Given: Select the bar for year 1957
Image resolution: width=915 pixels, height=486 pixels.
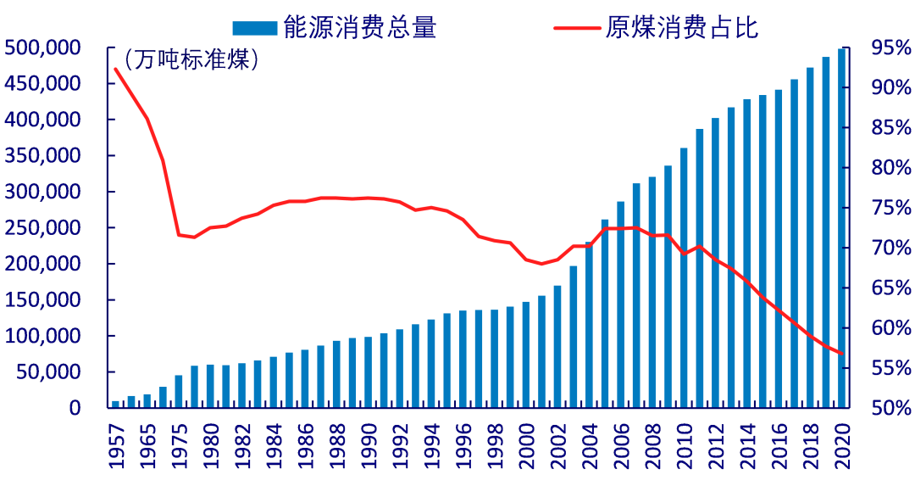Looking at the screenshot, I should (x=115, y=404).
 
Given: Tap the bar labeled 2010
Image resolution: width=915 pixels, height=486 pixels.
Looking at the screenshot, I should (x=684, y=277).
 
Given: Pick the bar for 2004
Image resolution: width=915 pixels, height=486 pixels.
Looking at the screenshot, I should (x=589, y=325).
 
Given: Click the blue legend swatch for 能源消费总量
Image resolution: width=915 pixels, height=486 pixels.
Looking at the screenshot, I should (x=255, y=28).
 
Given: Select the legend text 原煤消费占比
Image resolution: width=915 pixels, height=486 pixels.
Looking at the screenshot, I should (x=682, y=28).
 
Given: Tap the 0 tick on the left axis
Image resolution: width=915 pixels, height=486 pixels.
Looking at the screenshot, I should (x=75, y=408).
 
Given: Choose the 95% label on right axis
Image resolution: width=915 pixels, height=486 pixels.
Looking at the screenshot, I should (x=890, y=48).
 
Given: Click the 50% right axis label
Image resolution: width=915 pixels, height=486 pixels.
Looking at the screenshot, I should (x=890, y=408).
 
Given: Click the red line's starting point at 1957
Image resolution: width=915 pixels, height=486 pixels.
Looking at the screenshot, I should (x=115, y=69).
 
